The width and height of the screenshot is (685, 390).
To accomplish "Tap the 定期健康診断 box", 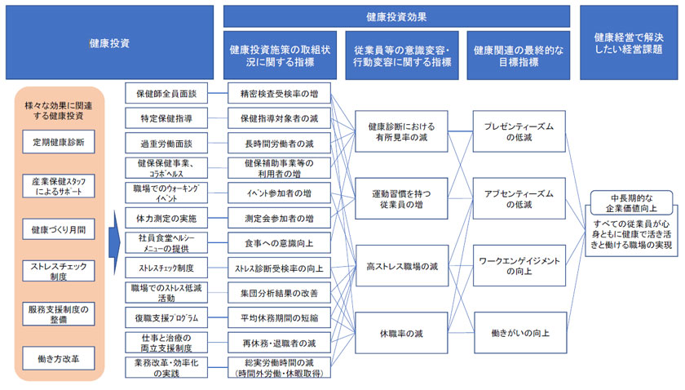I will [57, 144].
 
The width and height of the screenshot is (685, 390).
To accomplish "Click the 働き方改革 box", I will [57, 357].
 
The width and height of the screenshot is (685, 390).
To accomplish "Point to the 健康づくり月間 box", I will [57, 229].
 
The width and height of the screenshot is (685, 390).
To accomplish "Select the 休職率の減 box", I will [400, 332].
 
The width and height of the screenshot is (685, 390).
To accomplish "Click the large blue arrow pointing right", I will [114, 242].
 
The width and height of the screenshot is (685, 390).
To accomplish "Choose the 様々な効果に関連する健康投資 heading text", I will [57, 111].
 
